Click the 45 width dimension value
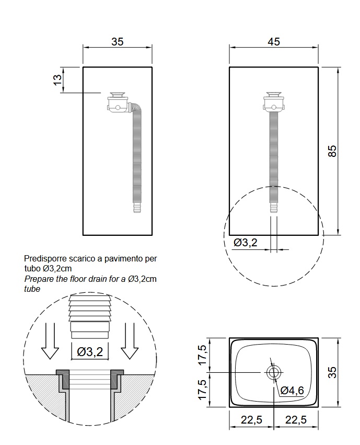coord(274,42)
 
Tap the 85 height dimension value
coord(333,151)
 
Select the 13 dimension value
coord(57,80)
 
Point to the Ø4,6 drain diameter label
coord(292,391)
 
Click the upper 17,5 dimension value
coord(203,355)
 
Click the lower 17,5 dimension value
coord(203,390)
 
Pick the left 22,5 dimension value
coord(252,420)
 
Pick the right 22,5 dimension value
coord(296,420)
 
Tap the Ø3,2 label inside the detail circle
coord(90,352)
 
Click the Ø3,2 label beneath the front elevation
coord(246,242)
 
